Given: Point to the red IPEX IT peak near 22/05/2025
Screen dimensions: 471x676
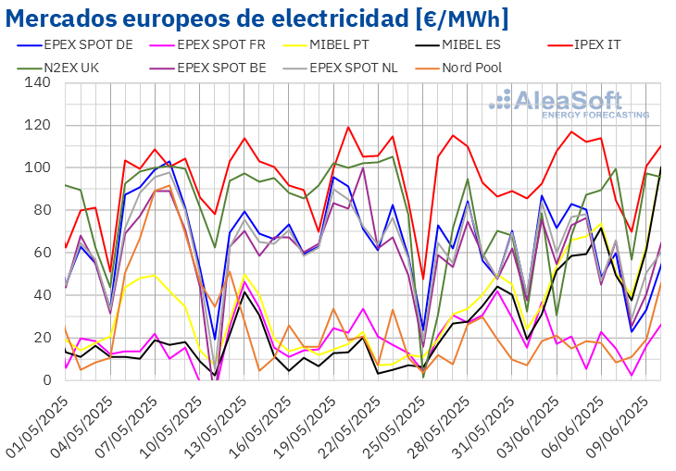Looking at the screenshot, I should tap(349, 128).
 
